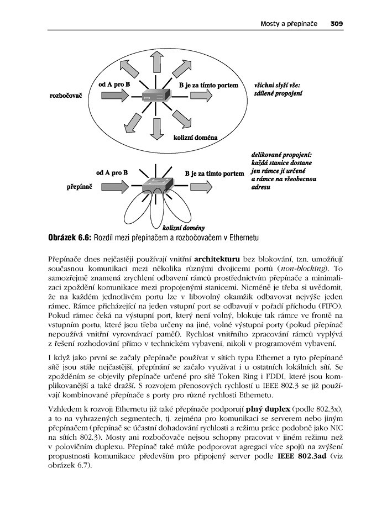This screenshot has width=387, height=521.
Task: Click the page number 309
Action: point(337,24)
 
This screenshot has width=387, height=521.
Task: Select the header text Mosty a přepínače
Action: point(290,24)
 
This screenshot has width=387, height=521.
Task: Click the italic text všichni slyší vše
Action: point(277,85)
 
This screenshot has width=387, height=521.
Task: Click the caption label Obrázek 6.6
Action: point(69,236)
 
